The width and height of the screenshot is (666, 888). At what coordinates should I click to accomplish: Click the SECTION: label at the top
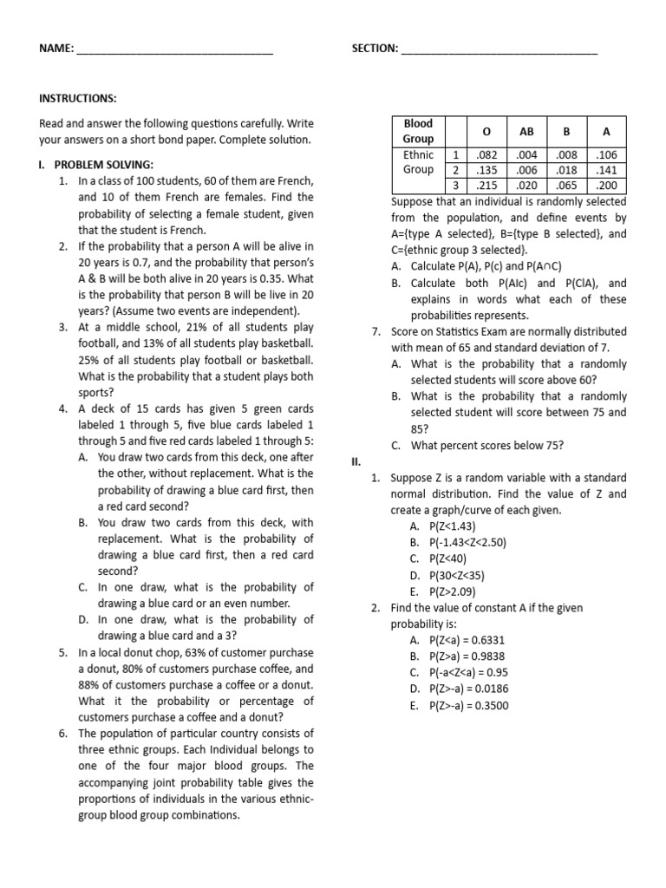(375, 49)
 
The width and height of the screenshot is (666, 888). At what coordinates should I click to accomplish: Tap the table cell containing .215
(486, 186)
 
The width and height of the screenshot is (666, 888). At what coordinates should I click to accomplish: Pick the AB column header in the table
(526, 131)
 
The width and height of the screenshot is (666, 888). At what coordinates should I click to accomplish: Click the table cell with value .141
(607, 170)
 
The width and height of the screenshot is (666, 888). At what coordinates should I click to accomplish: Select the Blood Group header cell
(418, 131)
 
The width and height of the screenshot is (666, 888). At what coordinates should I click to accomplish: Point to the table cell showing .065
(566, 186)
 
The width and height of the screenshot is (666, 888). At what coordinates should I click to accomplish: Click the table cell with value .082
(486, 154)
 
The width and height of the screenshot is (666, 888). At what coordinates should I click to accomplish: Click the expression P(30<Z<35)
(447, 575)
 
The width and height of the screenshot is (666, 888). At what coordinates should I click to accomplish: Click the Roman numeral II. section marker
(356, 461)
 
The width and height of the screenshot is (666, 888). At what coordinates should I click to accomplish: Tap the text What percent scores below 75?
(486, 446)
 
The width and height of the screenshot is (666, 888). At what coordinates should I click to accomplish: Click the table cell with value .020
(526, 186)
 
